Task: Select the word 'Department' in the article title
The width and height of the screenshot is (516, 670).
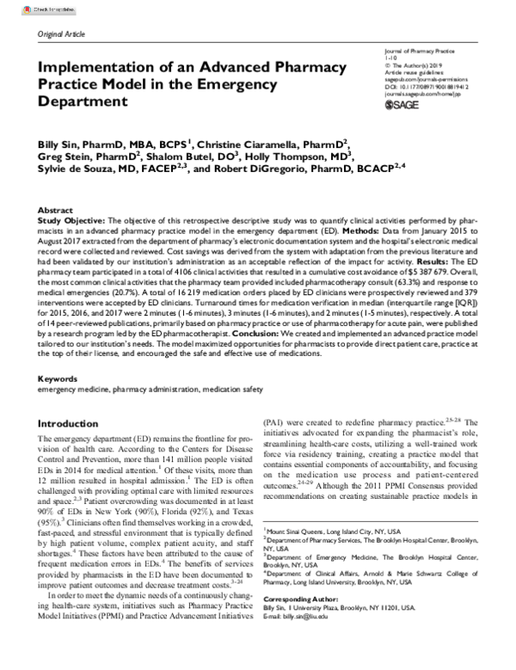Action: point(83,101)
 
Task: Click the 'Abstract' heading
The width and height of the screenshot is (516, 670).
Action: point(56,210)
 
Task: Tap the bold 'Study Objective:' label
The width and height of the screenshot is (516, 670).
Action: point(69,220)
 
